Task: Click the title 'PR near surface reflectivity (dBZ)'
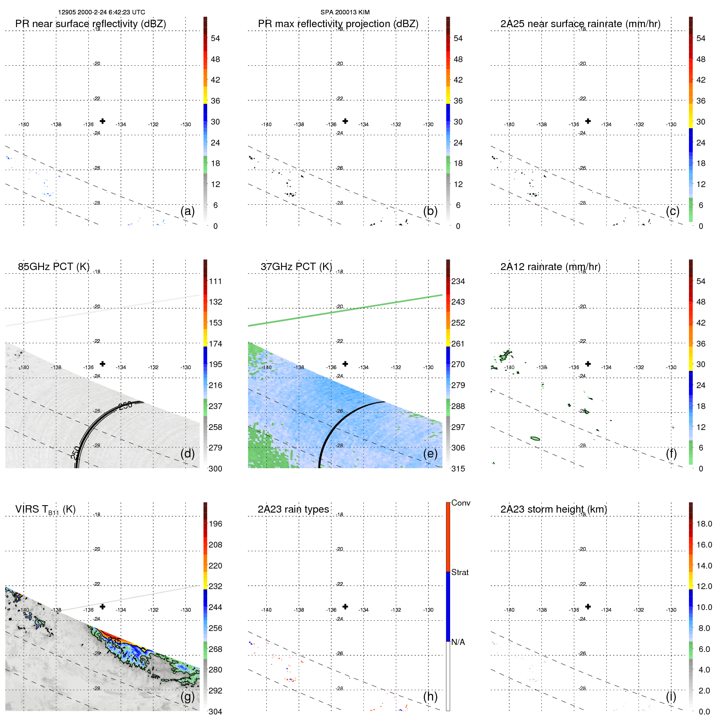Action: pyautogui.click(x=90, y=24)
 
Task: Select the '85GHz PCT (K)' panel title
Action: pyautogui.click(x=53, y=267)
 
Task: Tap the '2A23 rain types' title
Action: pyautogui.click(x=293, y=509)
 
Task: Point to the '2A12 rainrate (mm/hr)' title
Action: pyautogui.click(x=550, y=267)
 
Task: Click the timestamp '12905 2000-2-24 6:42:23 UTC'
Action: pyautogui.click(x=102, y=12)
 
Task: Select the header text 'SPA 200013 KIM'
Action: pyautogui.click(x=345, y=12)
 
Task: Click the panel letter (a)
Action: pyautogui.click(x=187, y=211)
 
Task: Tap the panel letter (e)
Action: pyautogui.click(x=430, y=453)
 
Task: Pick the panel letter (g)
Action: pyautogui.click(x=187, y=696)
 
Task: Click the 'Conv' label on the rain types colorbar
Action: pyautogui.click(x=461, y=503)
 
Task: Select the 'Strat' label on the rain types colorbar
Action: pyautogui.click(x=460, y=572)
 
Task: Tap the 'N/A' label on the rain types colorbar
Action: pyautogui.click(x=458, y=642)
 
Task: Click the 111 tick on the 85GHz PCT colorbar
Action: pyautogui.click(x=215, y=281)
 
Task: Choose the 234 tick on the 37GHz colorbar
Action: pyautogui.click(x=458, y=281)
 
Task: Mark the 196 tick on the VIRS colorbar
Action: pyautogui.click(x=215, y=524)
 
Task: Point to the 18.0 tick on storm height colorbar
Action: pyautogui.click(x=704, y=524)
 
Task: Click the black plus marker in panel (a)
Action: pyautogui.click(x=102, y=121)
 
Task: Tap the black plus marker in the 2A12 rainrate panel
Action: pyautogui.click(x=588, y=364)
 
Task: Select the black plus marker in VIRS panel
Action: pyautogui.click(x=102, y=606)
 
